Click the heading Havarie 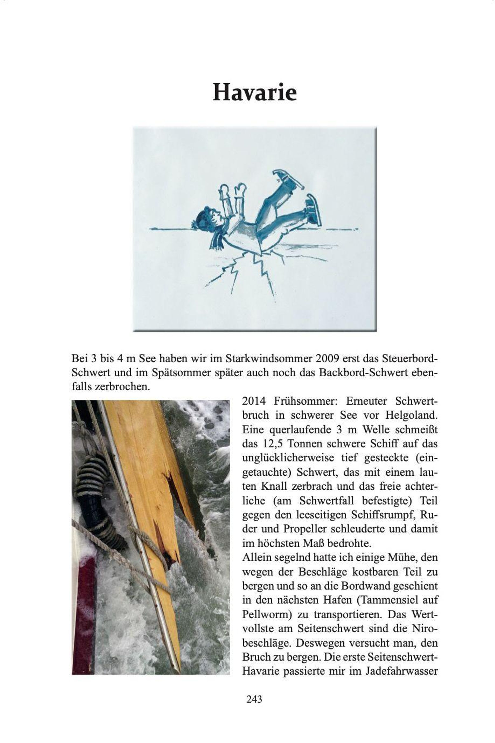(x=255, y=92)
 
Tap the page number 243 (x=254, y=699)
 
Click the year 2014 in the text (x=255, y=401)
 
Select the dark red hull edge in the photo (x=84, y=610)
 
